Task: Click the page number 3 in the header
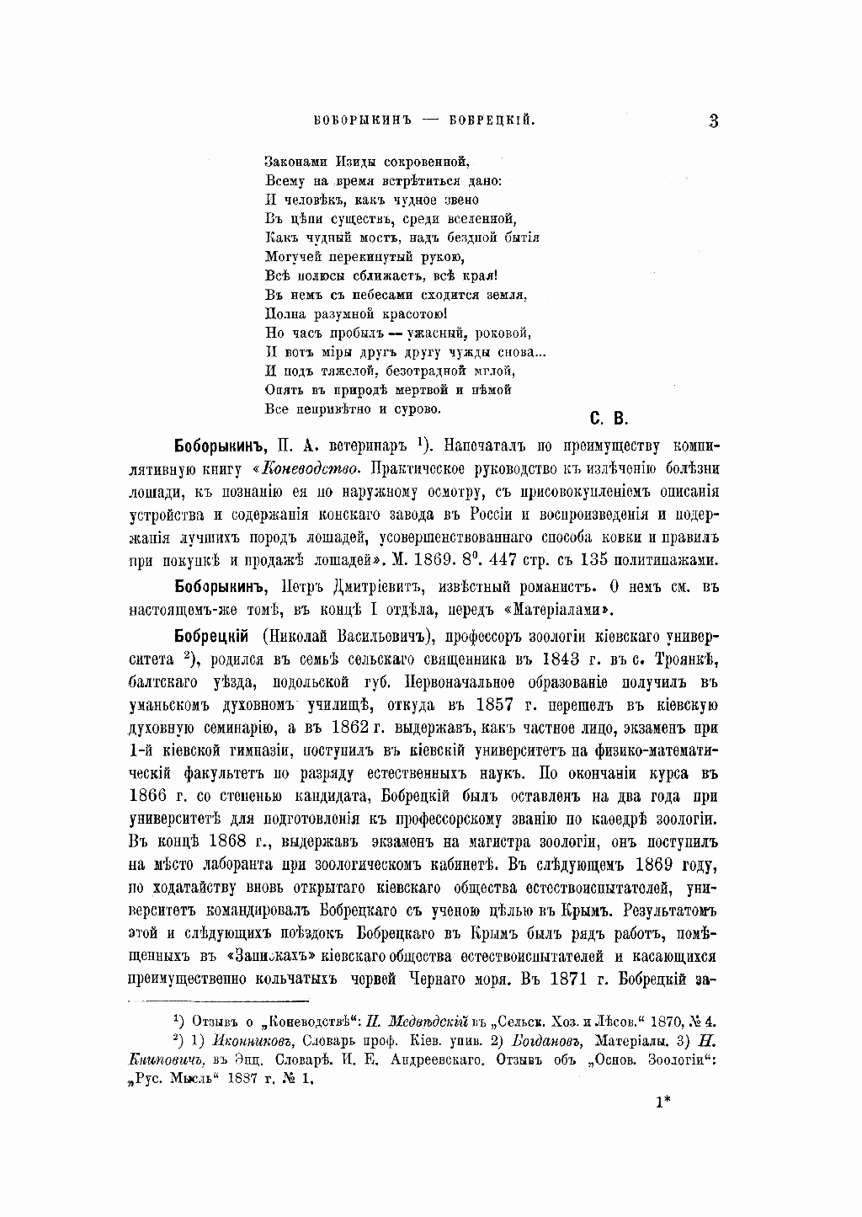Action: click(712, 120)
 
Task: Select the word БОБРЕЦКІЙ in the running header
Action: click(491, 121)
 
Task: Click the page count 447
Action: click(519, 560)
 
